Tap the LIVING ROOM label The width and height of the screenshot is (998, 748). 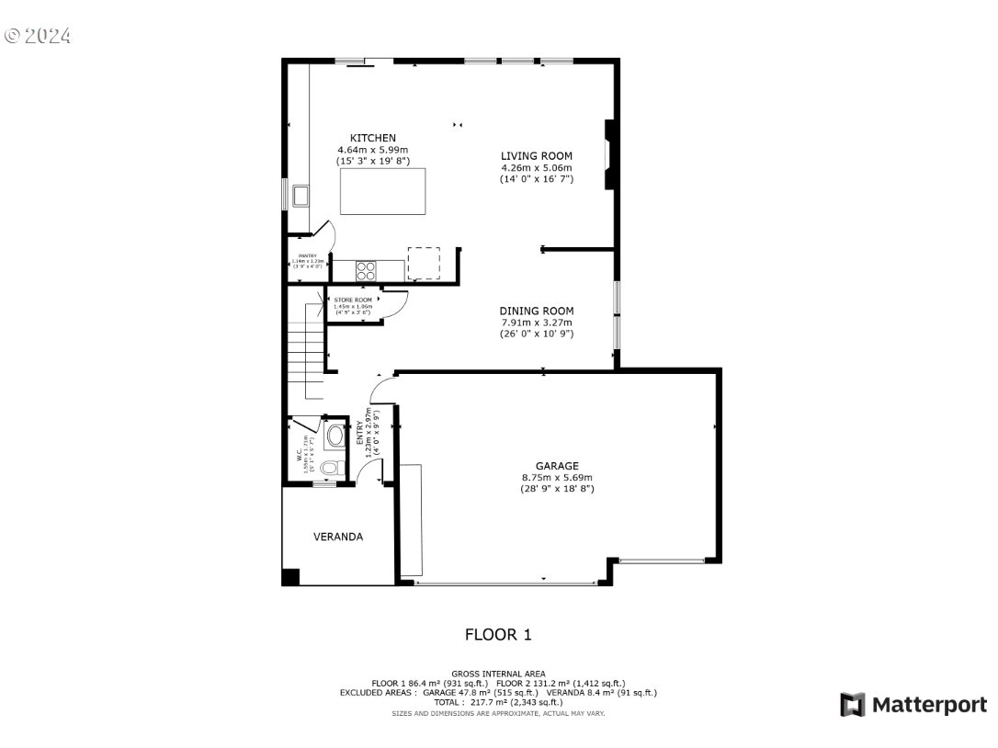tap(537, 156)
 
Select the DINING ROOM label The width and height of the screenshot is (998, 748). tap(537, 311)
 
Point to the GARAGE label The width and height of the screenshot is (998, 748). tap(557, 466)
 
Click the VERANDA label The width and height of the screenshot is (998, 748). tap(338, 537)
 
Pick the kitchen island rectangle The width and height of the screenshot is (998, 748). tap(382, 191)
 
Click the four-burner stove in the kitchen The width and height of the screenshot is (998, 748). tap(366, 270)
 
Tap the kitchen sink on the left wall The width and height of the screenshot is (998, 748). tap(301, 196)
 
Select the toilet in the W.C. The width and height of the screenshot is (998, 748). tap(330, 467)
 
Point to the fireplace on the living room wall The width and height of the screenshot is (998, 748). tap(608, 154)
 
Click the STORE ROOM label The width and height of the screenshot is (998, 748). tap(353, 300)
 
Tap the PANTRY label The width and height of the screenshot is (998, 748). tap(307, 256)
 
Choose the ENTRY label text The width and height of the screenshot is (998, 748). tap(360, 434)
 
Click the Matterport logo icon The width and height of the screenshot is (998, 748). tap(852, 705)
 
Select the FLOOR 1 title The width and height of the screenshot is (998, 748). tap(498, 634)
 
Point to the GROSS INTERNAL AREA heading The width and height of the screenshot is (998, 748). tap(498, 674)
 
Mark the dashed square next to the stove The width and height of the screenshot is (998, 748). tap(424, 264)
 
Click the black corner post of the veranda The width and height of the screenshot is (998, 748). tap(290, 577)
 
